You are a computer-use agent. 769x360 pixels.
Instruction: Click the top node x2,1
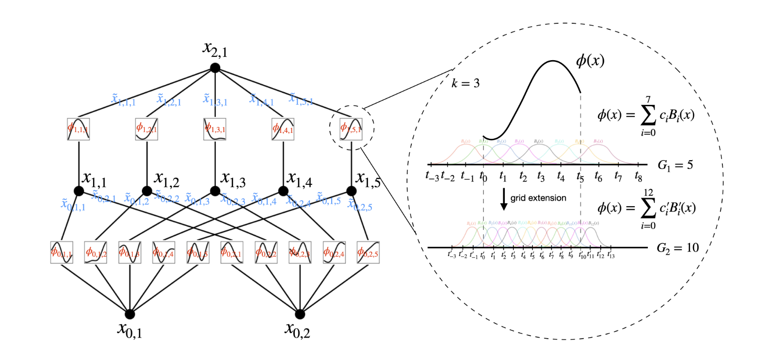215,68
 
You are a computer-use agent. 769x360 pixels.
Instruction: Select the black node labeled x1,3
215,191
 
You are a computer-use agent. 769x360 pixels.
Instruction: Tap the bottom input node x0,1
129,314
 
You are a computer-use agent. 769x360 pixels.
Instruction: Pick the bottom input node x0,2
300,314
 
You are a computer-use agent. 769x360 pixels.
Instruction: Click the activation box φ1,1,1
78,129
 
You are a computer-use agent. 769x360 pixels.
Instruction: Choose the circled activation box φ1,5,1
351,129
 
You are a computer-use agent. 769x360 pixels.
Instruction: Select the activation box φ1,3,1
215,129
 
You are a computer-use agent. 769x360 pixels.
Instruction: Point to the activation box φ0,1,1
62,252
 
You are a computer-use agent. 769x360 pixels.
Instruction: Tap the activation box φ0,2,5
368,252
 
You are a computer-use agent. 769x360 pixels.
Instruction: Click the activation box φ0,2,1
232,252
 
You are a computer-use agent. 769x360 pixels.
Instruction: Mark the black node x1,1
79,191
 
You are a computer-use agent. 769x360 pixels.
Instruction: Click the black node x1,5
352,191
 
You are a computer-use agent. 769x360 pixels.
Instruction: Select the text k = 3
465,83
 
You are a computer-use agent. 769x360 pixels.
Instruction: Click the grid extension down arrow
504,199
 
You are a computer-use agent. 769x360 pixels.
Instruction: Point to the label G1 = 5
675,165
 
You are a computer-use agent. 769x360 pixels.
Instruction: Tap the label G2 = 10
677,248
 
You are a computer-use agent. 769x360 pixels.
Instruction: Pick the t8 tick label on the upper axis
638,177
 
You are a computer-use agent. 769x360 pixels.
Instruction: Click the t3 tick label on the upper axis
541,177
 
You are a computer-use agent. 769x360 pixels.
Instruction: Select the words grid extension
538,198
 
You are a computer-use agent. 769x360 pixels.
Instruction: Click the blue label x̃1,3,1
215,99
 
